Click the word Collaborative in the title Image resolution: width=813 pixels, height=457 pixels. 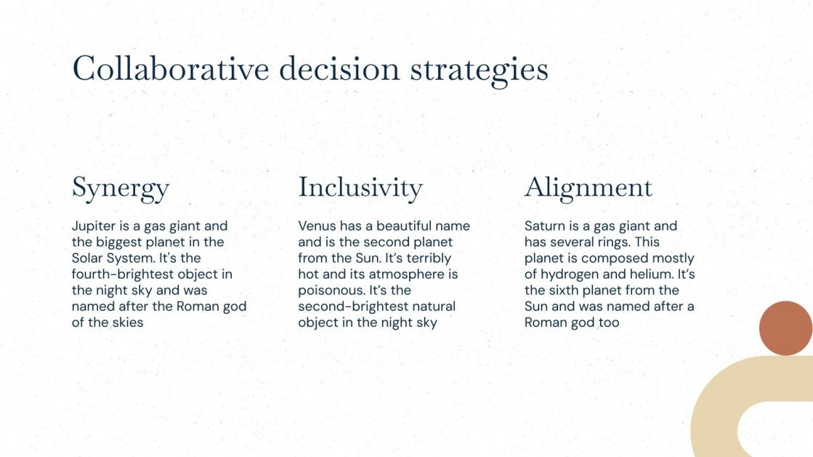point(171,69)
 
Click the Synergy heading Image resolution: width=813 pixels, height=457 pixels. point(121,189)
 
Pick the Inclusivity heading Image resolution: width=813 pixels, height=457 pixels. point(360,187)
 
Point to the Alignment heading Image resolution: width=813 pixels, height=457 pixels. point(588,188)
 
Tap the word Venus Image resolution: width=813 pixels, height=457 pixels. point(317,226)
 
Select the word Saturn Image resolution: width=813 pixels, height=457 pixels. point(544,226)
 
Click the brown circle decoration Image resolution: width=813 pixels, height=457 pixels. point(785,328)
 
